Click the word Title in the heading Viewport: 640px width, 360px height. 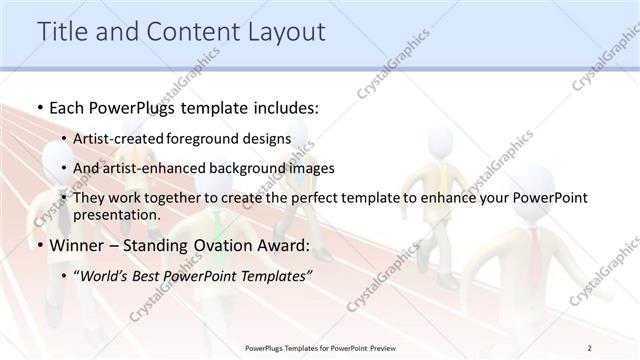(59, 32)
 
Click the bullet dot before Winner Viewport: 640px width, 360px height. (39, 245)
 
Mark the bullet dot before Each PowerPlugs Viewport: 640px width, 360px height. (39, 107)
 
